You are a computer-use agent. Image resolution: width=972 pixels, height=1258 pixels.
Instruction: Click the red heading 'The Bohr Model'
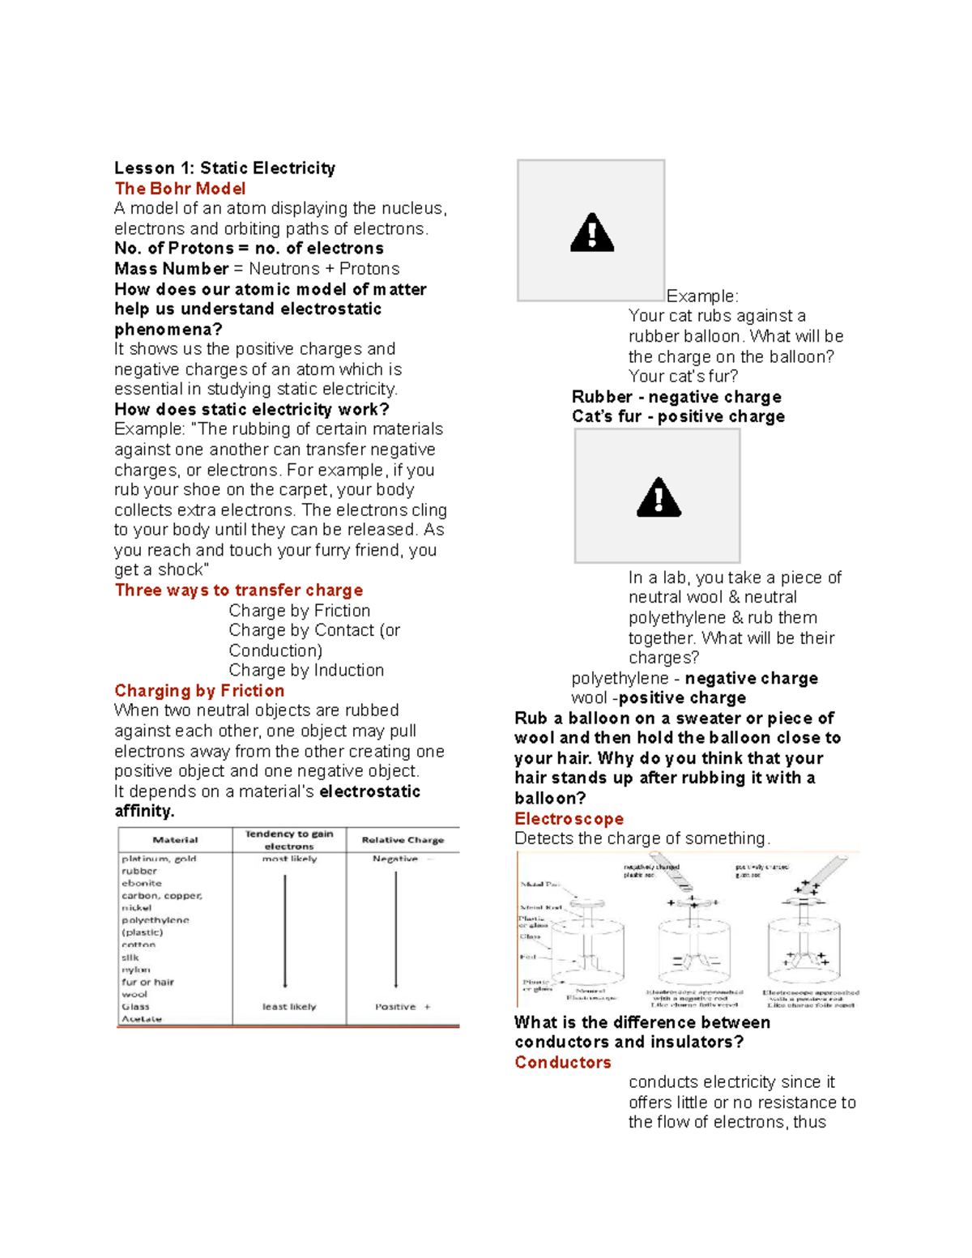point(180,189)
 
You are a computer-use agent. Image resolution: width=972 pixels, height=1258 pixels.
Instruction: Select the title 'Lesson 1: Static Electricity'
point(224,168)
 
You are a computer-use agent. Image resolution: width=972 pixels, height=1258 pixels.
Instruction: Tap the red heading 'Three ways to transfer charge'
point(239,591)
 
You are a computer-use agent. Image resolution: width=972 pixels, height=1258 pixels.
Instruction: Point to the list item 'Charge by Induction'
point(306,671)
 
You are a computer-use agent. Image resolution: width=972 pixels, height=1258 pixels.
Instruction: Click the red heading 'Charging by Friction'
point(199,691)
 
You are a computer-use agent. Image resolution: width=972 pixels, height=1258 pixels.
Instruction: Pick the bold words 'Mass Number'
point(172,269)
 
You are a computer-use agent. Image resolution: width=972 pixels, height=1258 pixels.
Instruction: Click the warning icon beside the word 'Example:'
point(592,232)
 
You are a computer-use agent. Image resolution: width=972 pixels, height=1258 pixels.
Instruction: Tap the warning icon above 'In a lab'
point(659,497)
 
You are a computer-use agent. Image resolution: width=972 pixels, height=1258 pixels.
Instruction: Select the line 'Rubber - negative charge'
point(676,397)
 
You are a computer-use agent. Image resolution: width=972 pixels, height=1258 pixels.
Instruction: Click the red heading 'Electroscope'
point(569,819)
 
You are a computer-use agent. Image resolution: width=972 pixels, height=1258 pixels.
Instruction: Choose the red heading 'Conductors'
point(563,1063)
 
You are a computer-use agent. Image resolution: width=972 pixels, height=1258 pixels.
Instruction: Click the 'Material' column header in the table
point(175,840)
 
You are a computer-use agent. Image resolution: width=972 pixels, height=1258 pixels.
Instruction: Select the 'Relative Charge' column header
point(403,840)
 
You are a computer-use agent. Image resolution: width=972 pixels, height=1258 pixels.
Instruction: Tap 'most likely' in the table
point(289,859)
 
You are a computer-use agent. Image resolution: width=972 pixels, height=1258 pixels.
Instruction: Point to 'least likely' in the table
point(289,1007)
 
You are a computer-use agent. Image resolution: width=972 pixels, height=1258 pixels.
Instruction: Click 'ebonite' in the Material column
point(142,884)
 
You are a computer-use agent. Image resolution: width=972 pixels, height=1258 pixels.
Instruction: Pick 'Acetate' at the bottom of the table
point(142,1019)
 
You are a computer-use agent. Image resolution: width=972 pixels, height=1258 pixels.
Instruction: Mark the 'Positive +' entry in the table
point(403,1007)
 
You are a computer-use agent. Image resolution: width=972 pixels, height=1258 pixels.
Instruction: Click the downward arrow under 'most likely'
point(285,932)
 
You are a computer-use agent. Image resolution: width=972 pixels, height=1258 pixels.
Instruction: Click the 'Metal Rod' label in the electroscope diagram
point(541,907)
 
